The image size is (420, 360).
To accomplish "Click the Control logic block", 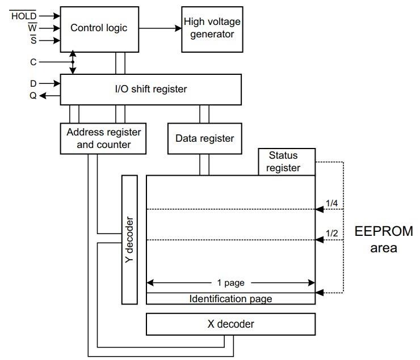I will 99,28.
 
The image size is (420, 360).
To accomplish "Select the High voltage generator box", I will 212,28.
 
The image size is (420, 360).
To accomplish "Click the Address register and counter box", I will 103,138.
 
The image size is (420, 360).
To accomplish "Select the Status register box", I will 287,162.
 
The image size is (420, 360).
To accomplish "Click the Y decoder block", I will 129,239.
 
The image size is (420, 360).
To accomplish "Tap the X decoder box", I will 230,324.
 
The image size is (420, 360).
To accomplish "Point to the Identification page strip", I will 230,299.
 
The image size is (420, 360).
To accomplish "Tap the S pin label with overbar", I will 33,40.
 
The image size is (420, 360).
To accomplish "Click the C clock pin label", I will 33,62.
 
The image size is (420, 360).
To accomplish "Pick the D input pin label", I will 33,83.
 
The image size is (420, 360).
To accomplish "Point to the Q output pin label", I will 33,96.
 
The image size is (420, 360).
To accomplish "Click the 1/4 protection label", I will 331,202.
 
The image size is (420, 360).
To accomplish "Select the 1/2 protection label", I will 331,233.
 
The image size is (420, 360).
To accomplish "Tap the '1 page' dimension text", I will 230,282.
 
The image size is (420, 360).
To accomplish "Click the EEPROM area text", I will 384,239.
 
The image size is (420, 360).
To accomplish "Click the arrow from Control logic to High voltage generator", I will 159,28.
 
